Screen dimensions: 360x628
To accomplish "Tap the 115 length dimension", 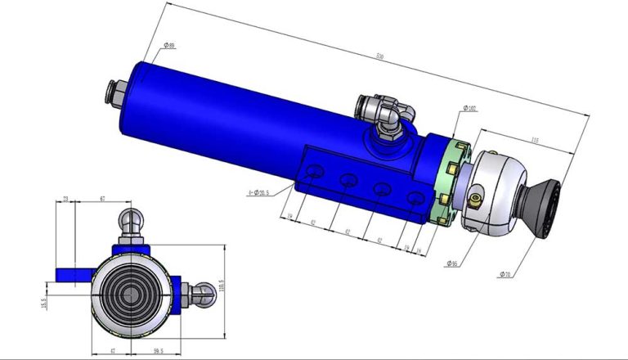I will coord(535,141).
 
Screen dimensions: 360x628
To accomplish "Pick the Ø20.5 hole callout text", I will coord(258,193).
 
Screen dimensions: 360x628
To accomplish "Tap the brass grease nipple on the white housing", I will coord(475,197).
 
